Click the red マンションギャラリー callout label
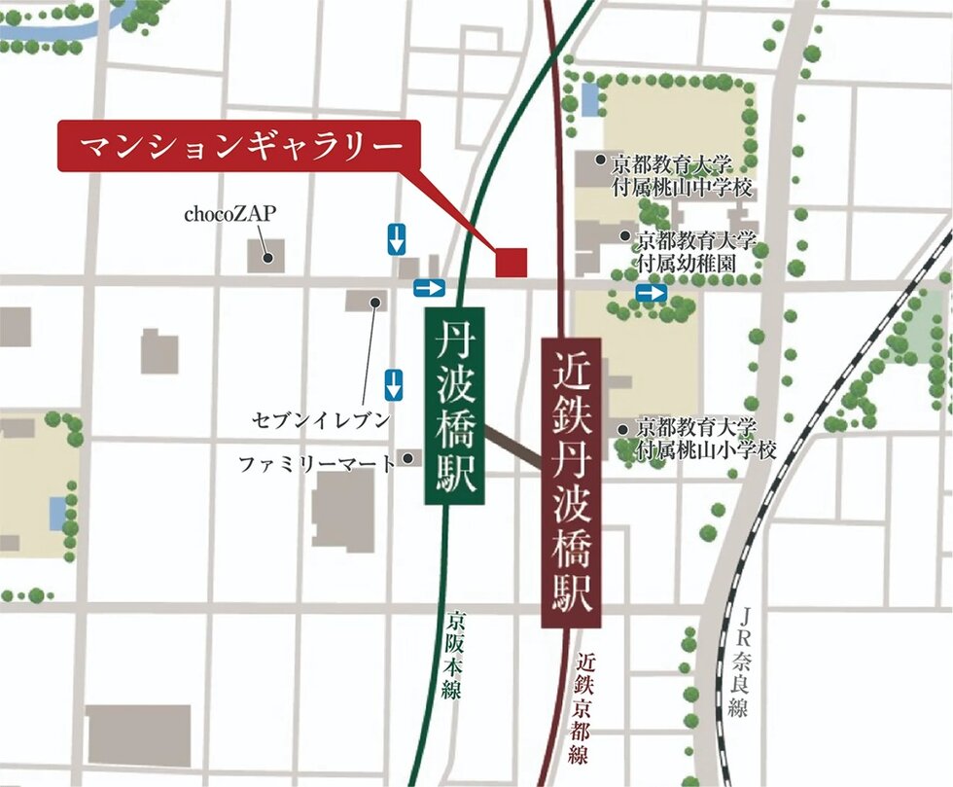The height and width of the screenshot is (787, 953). tap(239, 146)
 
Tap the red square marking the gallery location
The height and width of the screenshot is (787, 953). tap(512, 263)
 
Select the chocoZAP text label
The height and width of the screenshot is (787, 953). tap(225, 213)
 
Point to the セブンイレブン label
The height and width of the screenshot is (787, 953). tap(320, 421)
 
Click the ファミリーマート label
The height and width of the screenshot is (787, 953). tap(317, 464)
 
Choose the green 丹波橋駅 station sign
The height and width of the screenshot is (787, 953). tap(455, 406)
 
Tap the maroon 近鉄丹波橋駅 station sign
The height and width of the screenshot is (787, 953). tap(571, 483)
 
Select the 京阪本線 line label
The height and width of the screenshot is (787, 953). tap(454, 654)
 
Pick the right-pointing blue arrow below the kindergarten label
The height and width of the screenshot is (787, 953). tap(652, 293)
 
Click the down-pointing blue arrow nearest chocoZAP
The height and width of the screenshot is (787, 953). tap(396, 238)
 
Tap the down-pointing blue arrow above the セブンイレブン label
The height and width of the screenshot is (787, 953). tap(394, 384)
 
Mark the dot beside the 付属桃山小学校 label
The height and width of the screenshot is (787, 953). tap(623, 428)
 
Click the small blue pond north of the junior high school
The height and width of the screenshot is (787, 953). tap(590, 97)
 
